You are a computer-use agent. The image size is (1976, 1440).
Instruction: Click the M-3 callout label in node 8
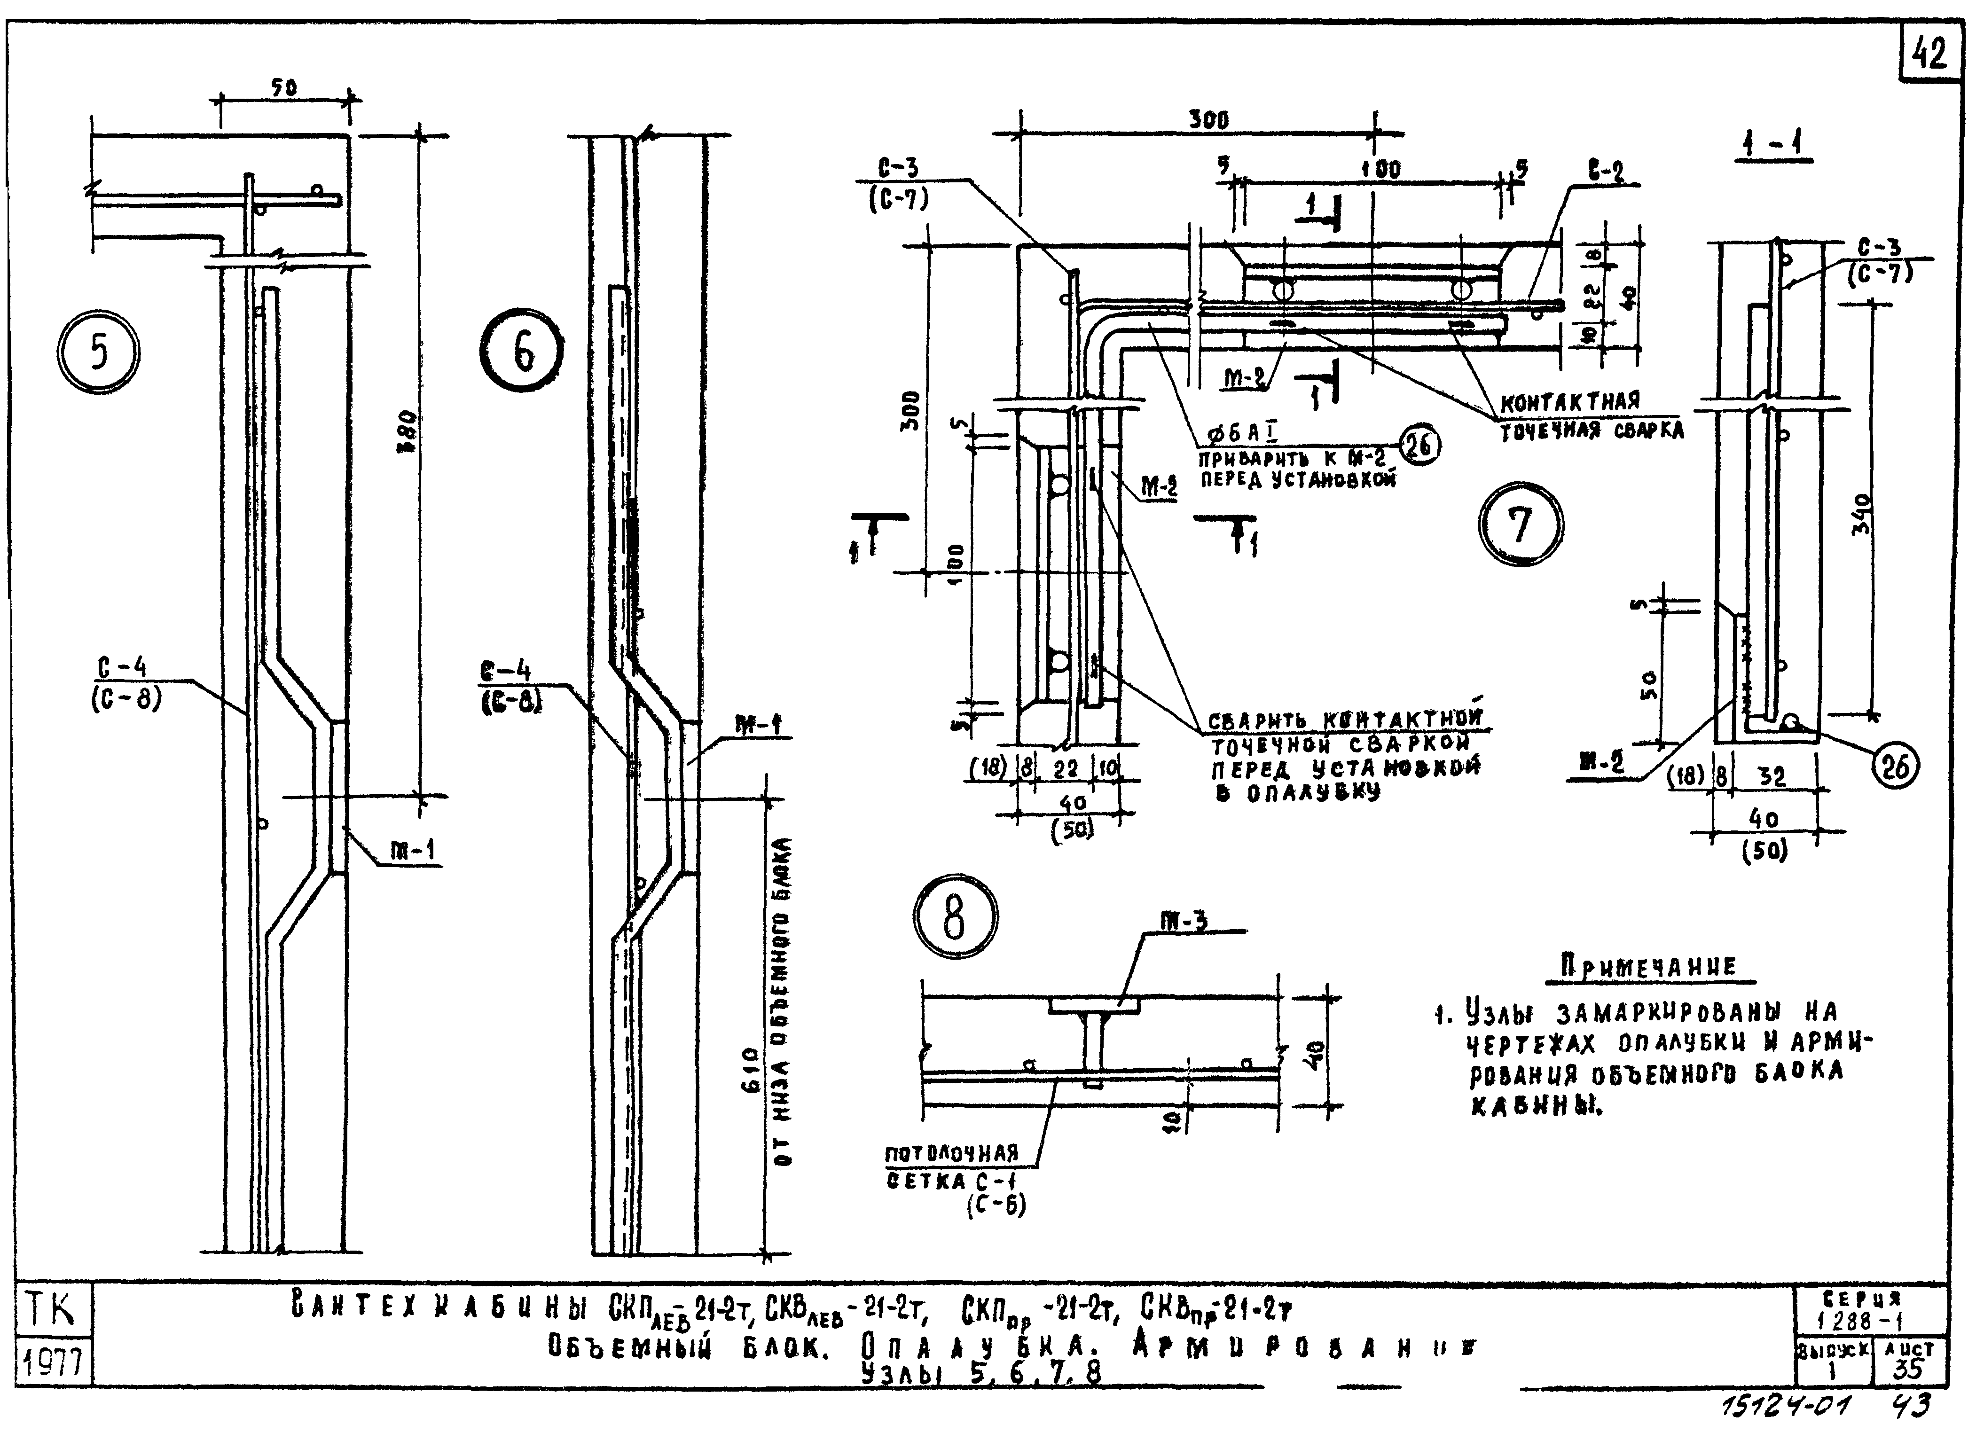pyautogui.click(x=1184, y=921)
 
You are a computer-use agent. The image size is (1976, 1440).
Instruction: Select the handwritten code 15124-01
pyautogui.click(x=1787, y=1407)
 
